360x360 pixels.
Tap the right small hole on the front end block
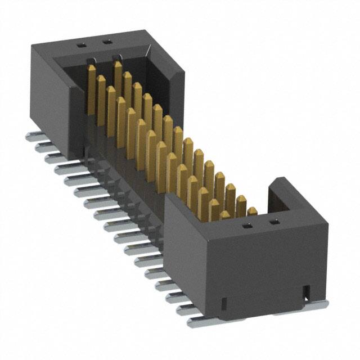point(274,223)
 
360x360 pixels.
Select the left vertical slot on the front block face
point(224,304)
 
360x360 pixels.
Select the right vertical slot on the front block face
point(307,291)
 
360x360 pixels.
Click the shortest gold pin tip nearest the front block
point(252,211)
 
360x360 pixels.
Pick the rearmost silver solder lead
point(33,136)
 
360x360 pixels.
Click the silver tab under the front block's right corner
point(315,305)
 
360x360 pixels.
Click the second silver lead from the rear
point(43,147)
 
